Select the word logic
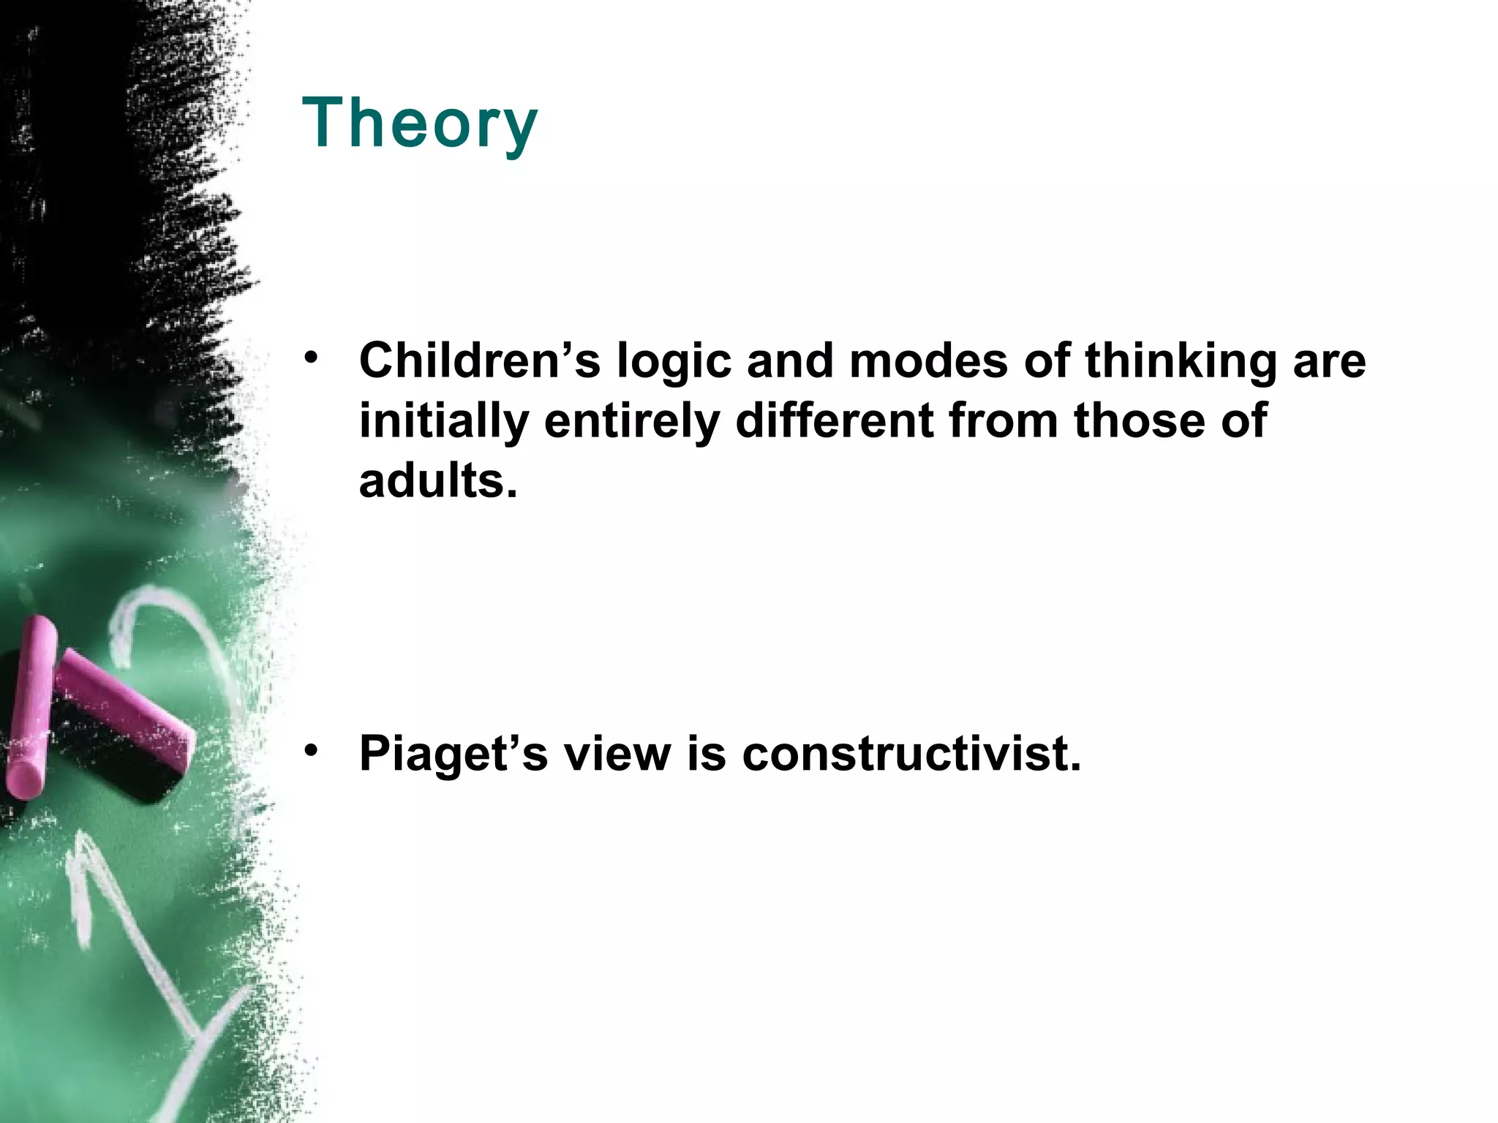tap(673, 362)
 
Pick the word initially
tap(443, 422)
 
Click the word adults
tap(437, 481)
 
